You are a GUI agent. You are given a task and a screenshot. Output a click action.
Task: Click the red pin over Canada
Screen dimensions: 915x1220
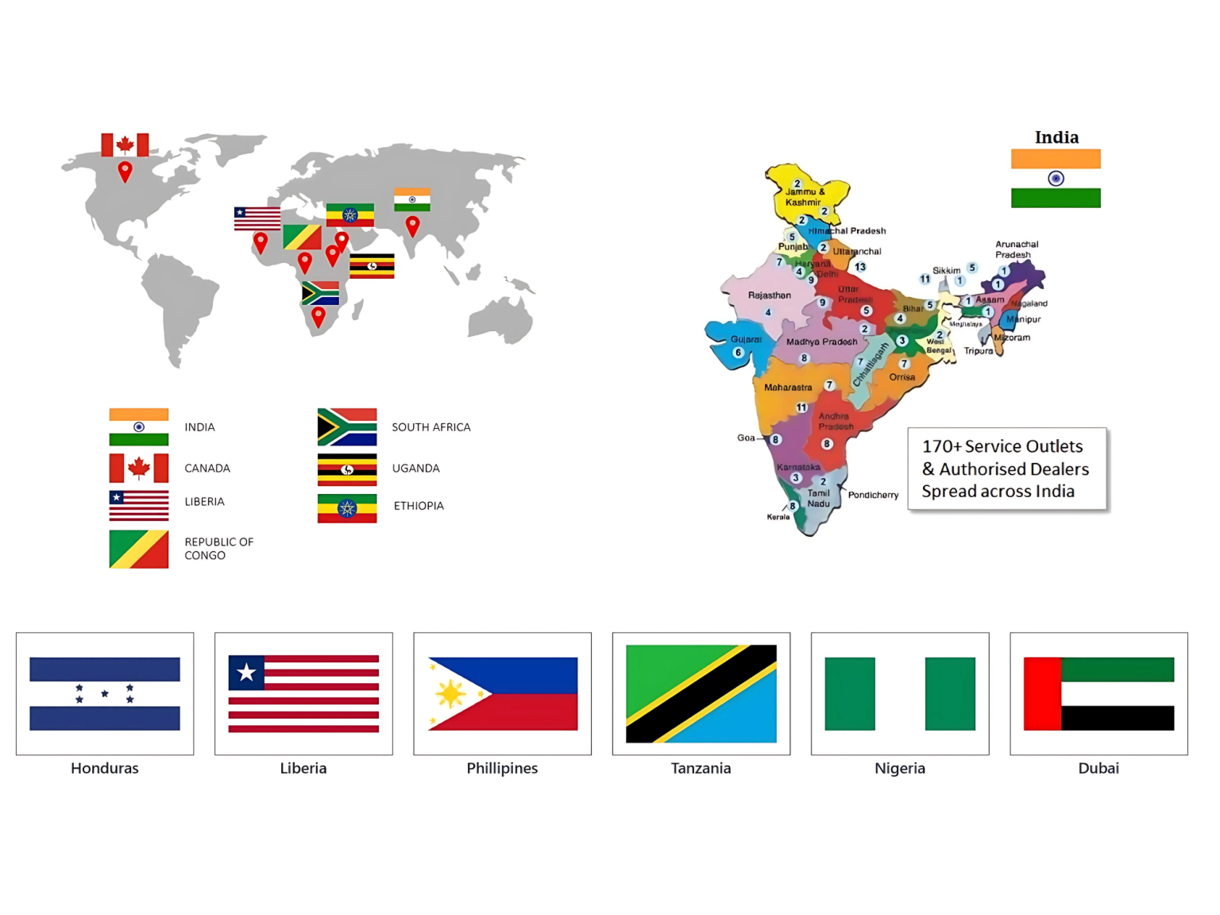(x=125, y=170)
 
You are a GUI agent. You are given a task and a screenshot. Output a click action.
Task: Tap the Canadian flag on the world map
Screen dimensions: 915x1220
(x=125, y=145)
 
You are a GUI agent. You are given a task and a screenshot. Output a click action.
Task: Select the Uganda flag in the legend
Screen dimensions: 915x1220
(x=347, y=469)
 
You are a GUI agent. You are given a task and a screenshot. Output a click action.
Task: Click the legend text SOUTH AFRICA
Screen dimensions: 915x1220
(x=430, y=427)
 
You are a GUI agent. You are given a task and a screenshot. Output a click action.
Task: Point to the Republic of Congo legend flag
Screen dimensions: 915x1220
(x=139, y=549)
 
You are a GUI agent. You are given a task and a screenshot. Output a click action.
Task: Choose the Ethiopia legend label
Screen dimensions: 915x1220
(x=419, y=506)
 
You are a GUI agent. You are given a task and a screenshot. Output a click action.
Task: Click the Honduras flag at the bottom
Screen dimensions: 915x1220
(x=105, y=693)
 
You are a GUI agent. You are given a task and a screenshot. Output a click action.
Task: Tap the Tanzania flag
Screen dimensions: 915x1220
(x=701, y=693)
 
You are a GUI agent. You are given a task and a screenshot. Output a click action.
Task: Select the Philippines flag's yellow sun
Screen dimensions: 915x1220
(x=450, y=694)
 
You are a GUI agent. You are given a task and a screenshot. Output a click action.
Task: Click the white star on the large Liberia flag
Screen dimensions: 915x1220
(x=246, y=673)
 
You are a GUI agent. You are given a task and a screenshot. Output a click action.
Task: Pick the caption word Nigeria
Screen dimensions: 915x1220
(x=899, y=768)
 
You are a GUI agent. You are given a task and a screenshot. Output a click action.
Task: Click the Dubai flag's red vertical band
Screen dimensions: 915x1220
(x=1042, y=693)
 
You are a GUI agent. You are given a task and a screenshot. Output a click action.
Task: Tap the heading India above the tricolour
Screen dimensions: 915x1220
(x=1056, y=137)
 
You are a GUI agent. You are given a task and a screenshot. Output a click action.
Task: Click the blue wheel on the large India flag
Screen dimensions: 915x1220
(x=1056, y=179)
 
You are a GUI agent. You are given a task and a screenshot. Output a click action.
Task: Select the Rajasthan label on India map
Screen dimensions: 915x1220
(x=769, y=295)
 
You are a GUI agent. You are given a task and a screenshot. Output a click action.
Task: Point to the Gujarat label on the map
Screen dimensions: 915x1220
(x=746, y=339)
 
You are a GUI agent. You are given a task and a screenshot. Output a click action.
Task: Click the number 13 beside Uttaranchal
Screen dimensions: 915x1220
(x=860, y=267)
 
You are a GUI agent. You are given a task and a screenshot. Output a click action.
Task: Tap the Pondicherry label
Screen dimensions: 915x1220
(x=873, y=495)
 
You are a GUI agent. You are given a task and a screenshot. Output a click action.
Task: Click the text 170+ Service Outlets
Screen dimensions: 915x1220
(x=1002, y=446)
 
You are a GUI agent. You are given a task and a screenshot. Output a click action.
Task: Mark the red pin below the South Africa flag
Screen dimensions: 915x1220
(x=319, y=317)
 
